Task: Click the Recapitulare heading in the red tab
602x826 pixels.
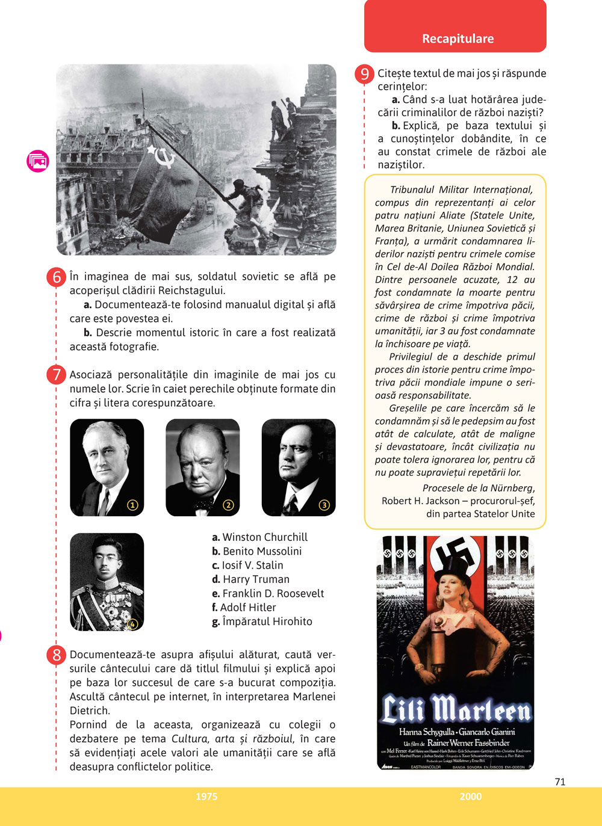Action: [458, 39]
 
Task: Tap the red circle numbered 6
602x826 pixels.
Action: [56, 277]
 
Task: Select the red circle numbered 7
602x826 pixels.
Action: [56, 375]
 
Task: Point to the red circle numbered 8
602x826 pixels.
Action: [56, 655]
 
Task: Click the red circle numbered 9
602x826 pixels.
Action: [365, 74]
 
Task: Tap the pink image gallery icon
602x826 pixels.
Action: [37, 161]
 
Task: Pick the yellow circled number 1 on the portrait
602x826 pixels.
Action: [133, 505]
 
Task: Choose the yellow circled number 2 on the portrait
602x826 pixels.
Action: [228, 505]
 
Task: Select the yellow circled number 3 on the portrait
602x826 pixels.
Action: [324, 505]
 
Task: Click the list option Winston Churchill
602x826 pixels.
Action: [259, 537]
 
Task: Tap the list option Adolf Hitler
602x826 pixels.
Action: [244, 608]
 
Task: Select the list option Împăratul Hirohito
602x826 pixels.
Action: [262, 621]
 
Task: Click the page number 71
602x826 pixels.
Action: [560, 781]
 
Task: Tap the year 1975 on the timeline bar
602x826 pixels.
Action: [206, 797]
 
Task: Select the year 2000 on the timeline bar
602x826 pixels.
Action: [470, 797]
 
